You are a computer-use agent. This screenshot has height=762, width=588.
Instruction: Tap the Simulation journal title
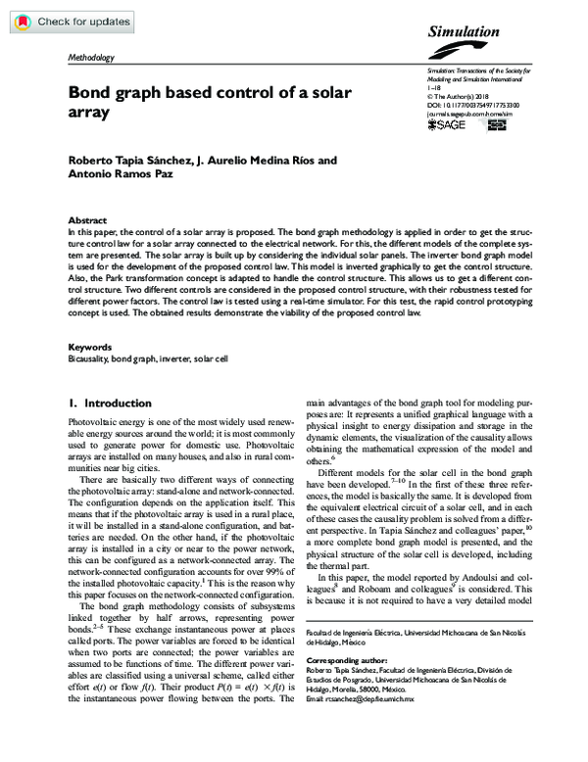tap(464, 32)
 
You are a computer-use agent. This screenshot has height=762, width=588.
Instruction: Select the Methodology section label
tap(90, 58)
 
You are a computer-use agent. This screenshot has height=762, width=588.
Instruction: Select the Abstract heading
tap(86, 221)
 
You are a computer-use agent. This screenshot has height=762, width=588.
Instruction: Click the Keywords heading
tap(89, 347)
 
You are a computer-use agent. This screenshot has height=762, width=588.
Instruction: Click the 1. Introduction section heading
tap(105, 403)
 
